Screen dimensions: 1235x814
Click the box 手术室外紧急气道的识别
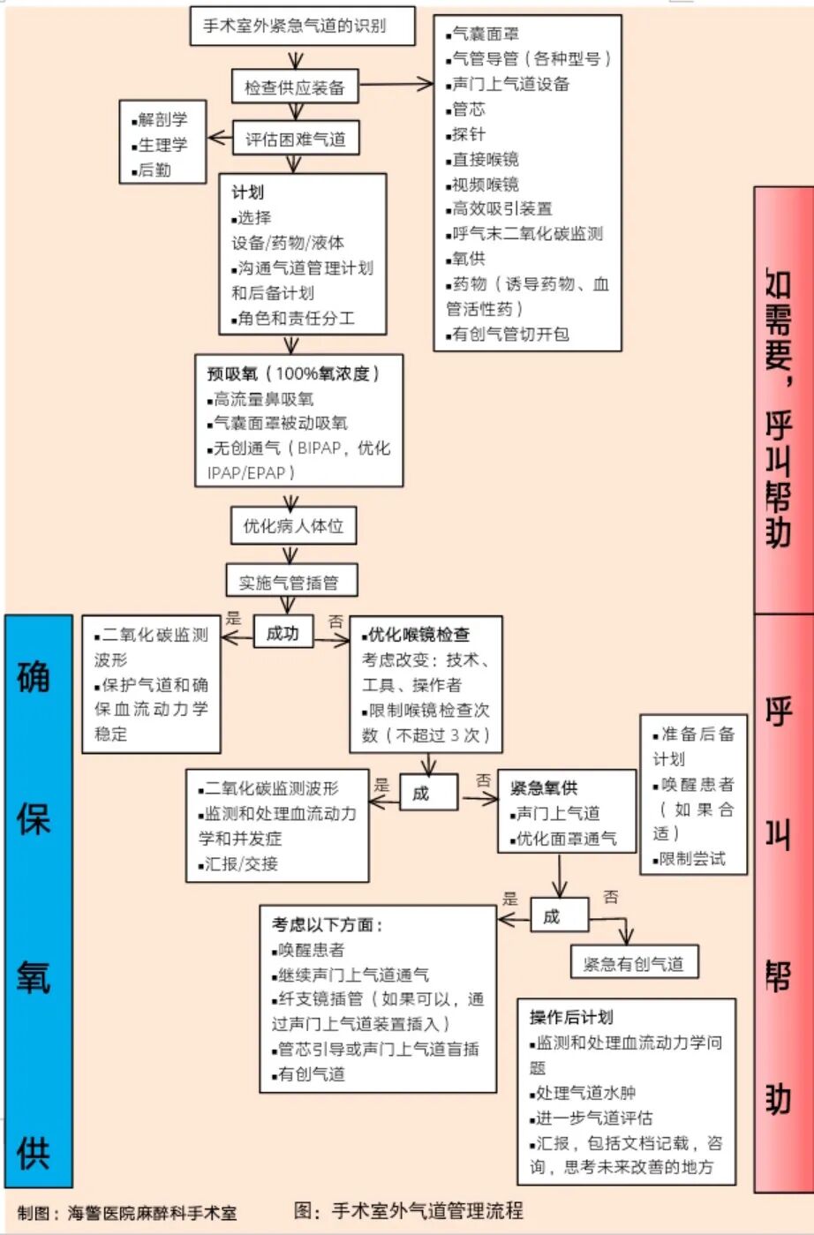point(302,26)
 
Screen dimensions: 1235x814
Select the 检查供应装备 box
point(295,87)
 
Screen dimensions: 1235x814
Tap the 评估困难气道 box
point(295,139)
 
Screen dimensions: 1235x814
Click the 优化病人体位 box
point(293,526)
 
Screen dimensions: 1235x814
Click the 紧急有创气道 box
point(633,963)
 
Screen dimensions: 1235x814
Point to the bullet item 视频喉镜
point(485,184)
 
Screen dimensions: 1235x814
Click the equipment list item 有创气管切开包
point(510,334)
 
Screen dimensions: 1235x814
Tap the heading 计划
point(247,192)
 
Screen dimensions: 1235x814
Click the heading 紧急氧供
point(544,787)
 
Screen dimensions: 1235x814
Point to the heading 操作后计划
point(571,1017)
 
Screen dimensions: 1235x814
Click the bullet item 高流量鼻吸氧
point(263,398)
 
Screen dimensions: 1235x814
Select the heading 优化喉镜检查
point(418,634)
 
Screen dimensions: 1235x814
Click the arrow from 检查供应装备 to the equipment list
point(396,85)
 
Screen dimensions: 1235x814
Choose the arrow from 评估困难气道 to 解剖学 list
point(220,139)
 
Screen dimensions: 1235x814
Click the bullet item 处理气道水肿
point(585,1092)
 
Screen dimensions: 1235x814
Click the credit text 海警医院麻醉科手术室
point(153,1213)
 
